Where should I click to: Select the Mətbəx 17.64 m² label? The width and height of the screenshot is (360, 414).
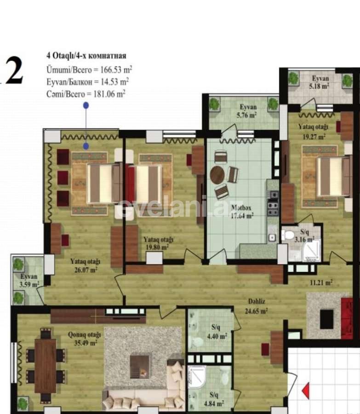click(x=242, y=210)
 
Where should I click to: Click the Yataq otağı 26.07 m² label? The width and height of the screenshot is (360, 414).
click(x=85, y=265)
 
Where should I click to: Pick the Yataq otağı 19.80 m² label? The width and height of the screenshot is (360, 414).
click(x=156, y=242)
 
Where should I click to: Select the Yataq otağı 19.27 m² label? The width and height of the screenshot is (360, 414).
click(x=311, y=132)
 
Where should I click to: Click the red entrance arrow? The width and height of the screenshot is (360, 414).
click(x=305, y=392)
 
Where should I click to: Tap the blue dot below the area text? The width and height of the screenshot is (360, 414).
click(x=86, y=105)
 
